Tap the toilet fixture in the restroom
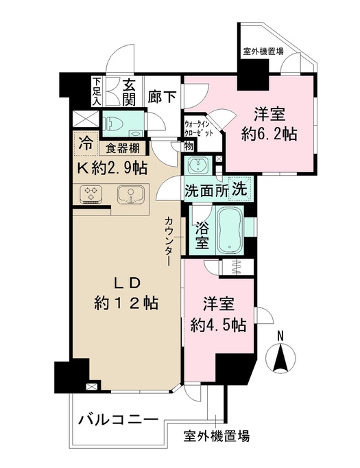[114, 124]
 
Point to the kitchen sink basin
[128, 195]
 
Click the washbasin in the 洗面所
[199, 166]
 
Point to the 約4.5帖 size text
[217, 325]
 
